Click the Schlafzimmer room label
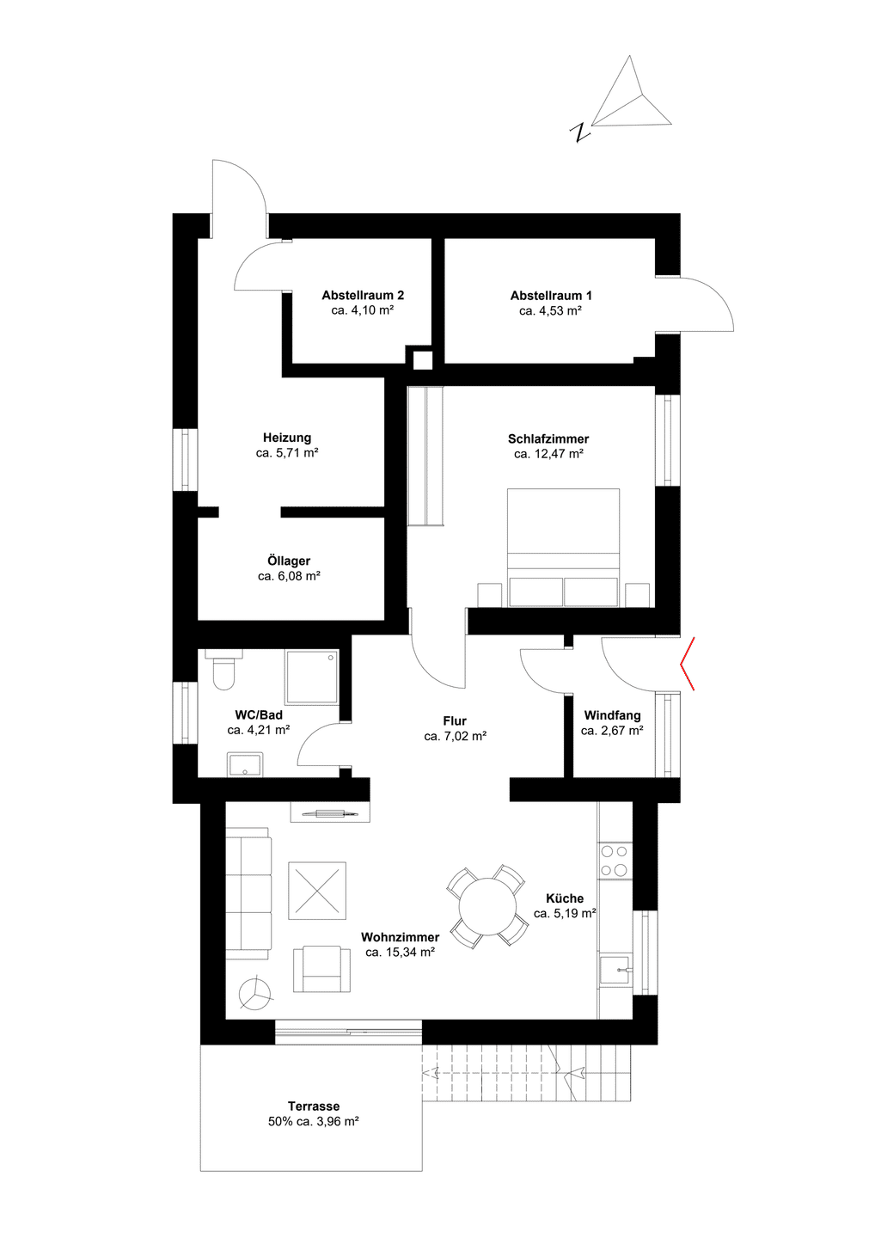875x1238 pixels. click(x=548, y=438)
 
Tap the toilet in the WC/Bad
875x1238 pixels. click(x=223, y=669)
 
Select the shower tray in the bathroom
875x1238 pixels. click(x=312, y=677)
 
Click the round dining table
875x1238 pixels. click(x=487, y=906)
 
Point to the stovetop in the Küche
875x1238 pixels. click(x=615, y=861)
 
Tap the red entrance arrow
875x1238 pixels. click(x=687, y=663)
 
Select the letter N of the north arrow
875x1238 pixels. click(x=579, y=132)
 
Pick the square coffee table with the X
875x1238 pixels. click(x=317, y=891)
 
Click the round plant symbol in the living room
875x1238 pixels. click(x=255, y=994)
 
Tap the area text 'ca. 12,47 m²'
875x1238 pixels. click(x=548, y=454)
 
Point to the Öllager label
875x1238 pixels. click(x=289, y=561)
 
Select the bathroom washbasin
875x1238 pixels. click(x=245, y=764)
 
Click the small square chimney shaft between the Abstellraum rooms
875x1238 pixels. click(x=423, y=360)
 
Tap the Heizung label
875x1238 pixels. click(x=287, y=438)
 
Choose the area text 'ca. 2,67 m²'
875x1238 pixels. click(x=612, y=731)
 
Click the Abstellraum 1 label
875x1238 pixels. click(x=551, y=296)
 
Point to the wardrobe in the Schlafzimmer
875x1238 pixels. click(x=425, y=457)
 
